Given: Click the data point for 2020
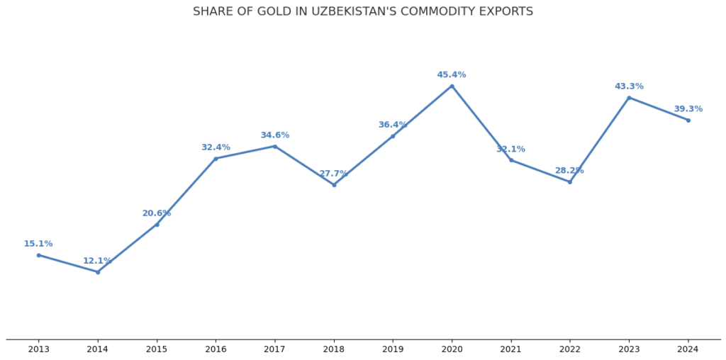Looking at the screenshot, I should [452, 86].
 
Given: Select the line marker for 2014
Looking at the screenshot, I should [98, 272].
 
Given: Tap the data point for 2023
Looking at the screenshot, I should [629, 98].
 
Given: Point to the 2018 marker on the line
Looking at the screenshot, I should [334, 185].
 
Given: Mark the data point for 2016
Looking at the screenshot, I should [216, 159].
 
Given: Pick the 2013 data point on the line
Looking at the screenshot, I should [38, 255].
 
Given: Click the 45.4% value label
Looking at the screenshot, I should [452, 75].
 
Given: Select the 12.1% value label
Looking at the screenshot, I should [98, 261].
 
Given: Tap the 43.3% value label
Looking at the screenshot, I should [629, 86].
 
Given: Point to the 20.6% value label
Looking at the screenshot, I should [157, 213].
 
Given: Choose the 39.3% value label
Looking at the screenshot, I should [688, 109].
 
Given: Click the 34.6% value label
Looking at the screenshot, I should [274, 135].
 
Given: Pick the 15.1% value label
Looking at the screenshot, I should [38, 244].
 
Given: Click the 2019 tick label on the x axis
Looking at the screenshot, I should [393, 349].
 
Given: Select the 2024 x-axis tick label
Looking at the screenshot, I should [688, 349].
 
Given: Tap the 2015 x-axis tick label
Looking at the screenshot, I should [157, 349].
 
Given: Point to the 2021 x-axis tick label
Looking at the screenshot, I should [510, 349].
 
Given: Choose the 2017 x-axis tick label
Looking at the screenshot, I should [274, 349].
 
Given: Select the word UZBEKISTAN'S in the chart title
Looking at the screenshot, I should [354, 12].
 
